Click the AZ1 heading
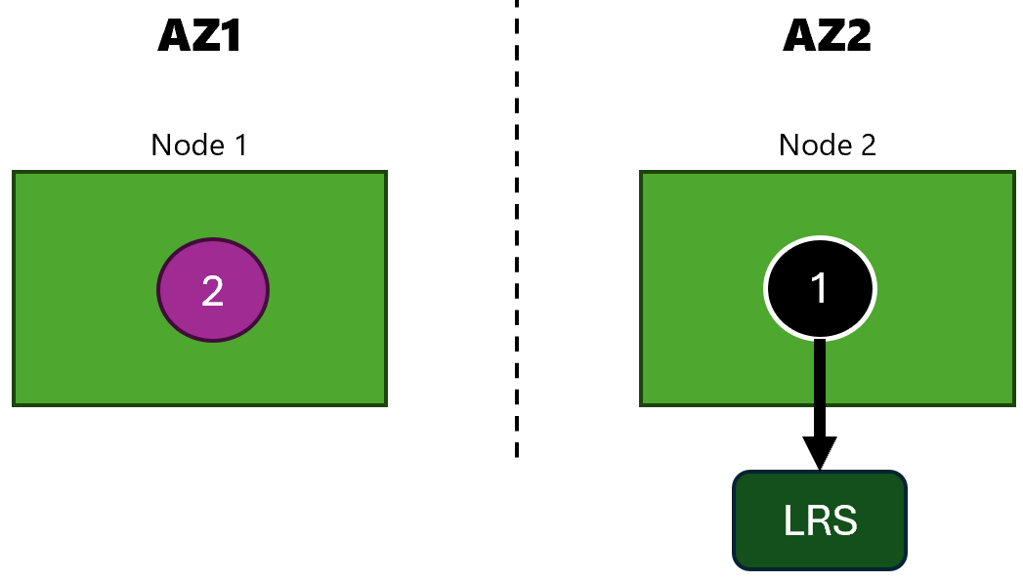199,35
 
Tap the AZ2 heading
827,35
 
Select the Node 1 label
199,145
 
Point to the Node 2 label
828,145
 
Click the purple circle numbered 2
213,290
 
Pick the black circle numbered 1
820,288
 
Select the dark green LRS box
820,520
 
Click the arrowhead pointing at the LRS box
820,453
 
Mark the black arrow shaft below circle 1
820,389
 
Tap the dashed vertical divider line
517,229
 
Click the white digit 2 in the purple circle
213,291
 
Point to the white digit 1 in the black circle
819,287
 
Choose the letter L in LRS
793,520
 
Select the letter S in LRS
845,520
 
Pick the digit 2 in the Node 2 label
869,145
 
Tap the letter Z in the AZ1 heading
201,35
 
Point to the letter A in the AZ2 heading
797,35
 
